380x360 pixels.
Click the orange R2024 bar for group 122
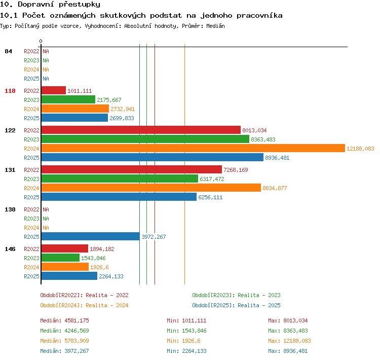pyautogui.click(x=193, y=148)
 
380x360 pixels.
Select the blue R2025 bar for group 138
pyautogui.click(x=91, y=236)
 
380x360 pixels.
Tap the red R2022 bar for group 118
pyautogui.click(x=54, y=90)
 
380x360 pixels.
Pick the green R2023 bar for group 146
pyautogui.click(x=60, y=258)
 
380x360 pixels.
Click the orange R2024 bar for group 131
pyautogui.click(x=151, y=188)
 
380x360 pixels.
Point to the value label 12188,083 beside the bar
pyautogui.click(x=360, y=149)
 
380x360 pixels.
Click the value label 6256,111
pyautogui.click(x=210, y=197)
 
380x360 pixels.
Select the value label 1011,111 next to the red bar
pyautogui.click(x=80, y=91)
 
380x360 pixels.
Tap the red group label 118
pyautogui.click(x=10, y=91)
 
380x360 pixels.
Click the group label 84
pyautogui.click(x=8, y=51)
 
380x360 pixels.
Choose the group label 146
pyautogui.click(x=10, y=249)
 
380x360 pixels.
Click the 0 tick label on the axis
pyautogui.click(x=41, y=41)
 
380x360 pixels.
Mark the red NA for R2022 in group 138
pyautogui.click(x=46, y=209)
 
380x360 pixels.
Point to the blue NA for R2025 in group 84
pyautogui.click(x=46, y=79)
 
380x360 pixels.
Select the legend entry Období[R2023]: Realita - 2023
pyautogui.click(x=236, y=295)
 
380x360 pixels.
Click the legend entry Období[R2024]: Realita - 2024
pyautogui.click(x=84, y=305)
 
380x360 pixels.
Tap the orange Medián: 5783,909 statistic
pyautogui.click(x=65, y=341)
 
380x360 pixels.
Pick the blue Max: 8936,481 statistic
pyautogui.click(x=288, y=351)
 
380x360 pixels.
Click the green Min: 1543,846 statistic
pyautogui.click(x=186, y=331)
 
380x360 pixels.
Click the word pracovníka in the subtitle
pyautogui.click(x=259, y=16)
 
